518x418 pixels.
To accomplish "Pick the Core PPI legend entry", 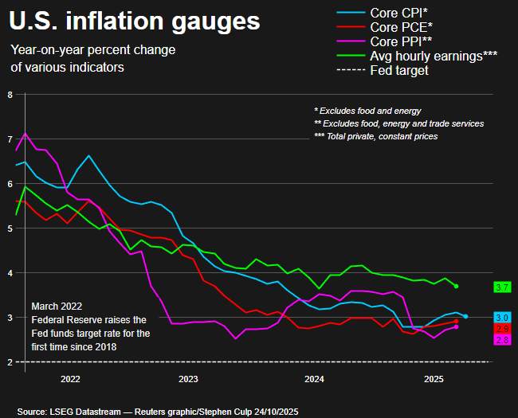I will [403, 41].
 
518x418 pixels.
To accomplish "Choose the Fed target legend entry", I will [399, 70].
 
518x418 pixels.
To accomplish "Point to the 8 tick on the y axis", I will [10, 94].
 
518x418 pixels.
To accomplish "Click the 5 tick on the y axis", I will [10, 228].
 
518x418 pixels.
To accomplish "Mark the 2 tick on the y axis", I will [10, 361].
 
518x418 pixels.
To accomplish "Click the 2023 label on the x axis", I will [189, 379].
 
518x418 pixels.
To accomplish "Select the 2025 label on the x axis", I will [434, 379].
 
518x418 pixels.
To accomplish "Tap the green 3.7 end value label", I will [502, 287].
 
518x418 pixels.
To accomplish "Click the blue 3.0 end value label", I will [502, 318].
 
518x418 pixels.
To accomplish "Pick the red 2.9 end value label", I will [502, 329].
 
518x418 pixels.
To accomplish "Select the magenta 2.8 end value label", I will [502, 340].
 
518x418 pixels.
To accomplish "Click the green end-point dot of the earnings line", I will [456, 286].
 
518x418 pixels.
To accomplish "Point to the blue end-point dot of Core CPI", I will [465, 316].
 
